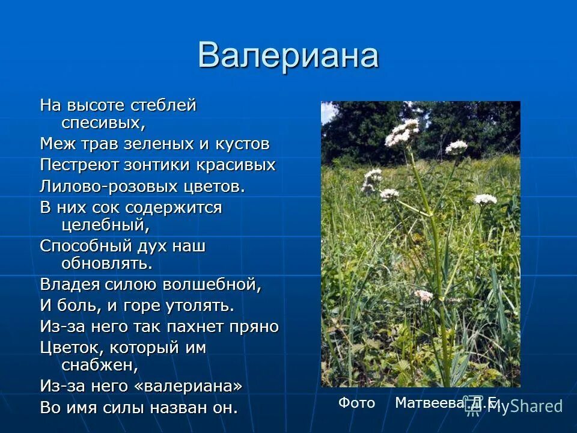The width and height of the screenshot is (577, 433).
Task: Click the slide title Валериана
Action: pos(288,55)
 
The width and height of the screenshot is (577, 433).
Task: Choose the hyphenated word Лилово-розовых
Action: pos(109,186)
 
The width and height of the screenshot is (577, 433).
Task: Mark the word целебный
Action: pos(105,225)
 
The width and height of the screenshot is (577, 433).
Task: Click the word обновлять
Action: pos(107,263)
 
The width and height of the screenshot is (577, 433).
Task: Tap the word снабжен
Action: pos(100,364)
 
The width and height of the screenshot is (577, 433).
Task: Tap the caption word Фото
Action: pos(356,403)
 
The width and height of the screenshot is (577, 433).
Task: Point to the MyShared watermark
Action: pos(523,406)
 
